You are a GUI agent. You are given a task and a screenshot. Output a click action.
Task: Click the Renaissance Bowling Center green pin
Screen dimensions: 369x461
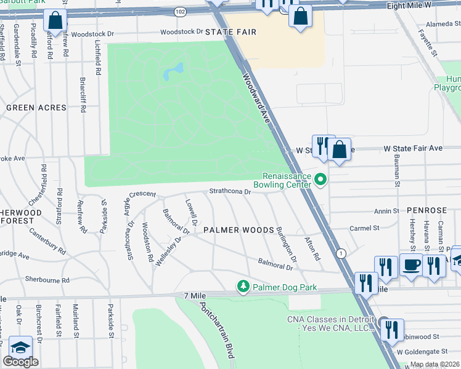point(320,180)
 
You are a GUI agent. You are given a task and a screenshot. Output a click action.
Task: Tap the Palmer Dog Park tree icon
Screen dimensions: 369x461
point(243,287)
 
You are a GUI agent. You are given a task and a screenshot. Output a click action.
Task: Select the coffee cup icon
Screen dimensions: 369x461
point(411,265)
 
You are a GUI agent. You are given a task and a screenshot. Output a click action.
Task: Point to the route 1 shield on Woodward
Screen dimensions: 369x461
point(340,253)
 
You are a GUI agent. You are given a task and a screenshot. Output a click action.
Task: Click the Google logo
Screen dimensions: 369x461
point(20,362)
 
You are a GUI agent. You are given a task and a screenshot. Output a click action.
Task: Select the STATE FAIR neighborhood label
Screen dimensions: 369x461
point(230,31)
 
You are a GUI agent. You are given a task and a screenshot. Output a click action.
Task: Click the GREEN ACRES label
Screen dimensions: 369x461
point(36,108)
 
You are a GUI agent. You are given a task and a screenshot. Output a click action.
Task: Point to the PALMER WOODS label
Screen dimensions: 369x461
point(239,230)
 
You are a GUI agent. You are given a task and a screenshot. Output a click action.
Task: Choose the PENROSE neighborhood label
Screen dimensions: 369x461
point(426,210)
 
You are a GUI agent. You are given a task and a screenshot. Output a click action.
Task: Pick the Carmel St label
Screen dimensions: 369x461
point(364,228)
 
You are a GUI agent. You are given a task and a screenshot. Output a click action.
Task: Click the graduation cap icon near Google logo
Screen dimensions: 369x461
point(20,347)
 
